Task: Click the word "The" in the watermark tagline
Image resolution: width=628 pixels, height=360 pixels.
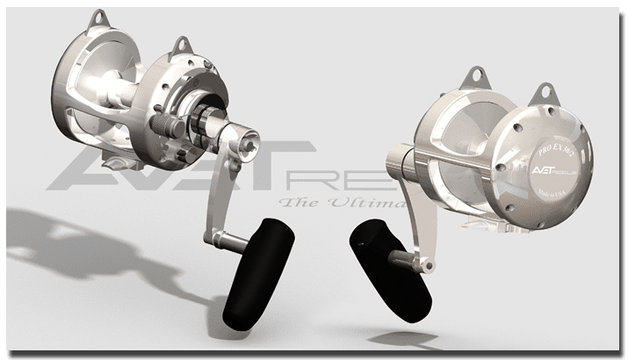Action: tap(295, 204)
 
